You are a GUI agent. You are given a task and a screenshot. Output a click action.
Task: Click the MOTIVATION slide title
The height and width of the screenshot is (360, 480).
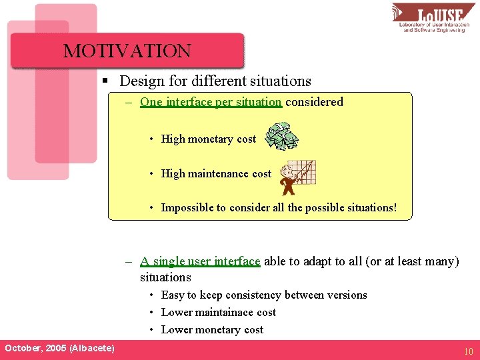[127, 51]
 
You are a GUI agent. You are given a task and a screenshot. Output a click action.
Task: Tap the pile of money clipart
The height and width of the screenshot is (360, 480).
[281, 136]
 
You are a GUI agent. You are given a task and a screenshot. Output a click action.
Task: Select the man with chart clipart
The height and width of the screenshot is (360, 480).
[297, 175]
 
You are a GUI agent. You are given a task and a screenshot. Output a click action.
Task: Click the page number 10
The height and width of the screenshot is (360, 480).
[468, 351]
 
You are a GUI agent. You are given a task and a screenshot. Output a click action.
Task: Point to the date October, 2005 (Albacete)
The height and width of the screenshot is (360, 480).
[59, 349]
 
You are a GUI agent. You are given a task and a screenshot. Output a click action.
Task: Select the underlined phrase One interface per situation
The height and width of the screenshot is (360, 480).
[211, 102]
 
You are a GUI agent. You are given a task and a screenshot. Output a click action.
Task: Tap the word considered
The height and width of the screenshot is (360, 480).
[314, 102]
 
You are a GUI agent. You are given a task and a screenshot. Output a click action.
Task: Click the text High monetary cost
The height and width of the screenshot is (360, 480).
[208, 139]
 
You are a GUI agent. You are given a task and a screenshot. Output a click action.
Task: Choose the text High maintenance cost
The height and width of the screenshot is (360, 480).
[216, 174]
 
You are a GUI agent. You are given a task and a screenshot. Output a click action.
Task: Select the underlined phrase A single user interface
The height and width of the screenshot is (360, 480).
[200, 261]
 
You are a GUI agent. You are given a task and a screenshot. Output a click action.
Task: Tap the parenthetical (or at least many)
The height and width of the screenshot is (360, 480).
[413, 261]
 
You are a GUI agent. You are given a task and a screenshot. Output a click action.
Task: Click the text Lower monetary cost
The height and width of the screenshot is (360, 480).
[212, 330]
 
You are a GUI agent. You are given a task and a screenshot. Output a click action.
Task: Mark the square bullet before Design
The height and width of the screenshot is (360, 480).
[105, 81]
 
